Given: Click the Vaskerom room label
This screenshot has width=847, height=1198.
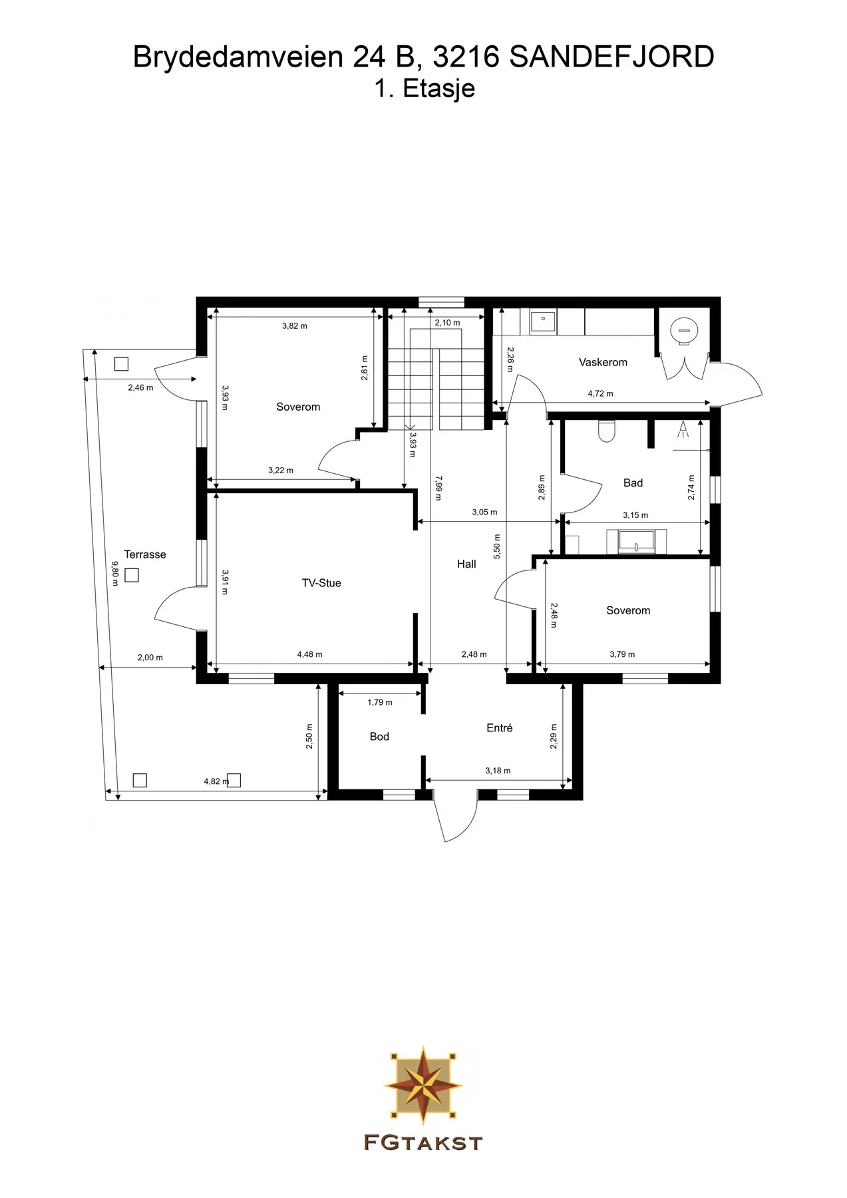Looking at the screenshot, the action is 603,362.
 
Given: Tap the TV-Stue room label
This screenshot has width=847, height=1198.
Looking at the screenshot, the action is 321,583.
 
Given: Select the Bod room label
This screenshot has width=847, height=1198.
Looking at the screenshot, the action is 379,737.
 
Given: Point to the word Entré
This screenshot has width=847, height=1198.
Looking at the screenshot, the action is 500,728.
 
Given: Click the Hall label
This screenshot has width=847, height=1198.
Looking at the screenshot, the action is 466,564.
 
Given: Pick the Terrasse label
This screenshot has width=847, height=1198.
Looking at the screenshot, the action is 145,554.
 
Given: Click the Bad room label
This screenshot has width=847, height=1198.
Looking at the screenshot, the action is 633,483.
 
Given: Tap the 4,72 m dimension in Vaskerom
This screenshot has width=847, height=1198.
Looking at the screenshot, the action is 600,393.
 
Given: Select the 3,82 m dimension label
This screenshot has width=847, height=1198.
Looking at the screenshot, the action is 295,326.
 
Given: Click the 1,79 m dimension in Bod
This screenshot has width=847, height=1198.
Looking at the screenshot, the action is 380,702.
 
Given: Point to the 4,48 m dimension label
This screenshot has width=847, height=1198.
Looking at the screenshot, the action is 309,654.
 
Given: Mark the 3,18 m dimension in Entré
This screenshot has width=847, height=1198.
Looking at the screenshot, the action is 498,771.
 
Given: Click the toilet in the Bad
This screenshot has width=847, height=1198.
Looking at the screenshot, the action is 606,431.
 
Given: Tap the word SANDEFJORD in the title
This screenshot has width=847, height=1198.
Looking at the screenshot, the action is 611,57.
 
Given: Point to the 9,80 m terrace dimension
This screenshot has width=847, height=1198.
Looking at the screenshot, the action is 114,573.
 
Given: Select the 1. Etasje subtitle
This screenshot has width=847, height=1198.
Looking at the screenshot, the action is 424,89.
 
